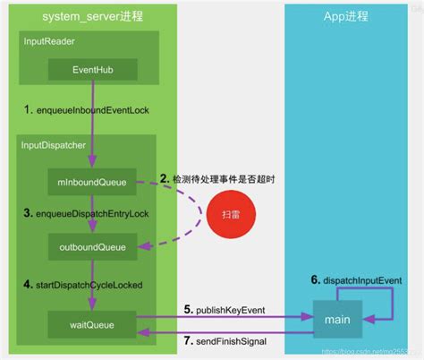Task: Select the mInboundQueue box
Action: pyautogui.click(x=93, y=183)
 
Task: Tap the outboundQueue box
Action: pyautogui.click(x=93, y=244)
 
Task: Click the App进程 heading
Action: pyautogui.click(x=345, y=15)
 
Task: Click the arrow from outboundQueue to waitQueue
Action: pyautogui.click(x=93, y=279)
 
